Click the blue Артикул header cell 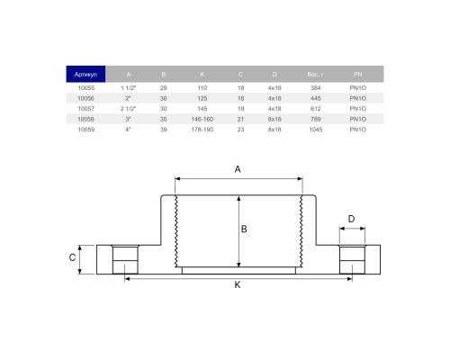(x=85, y=74)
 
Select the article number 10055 (x=86, y=88)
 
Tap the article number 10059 (x=86, y=130)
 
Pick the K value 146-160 (x=202, y=119)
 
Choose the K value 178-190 (x=202, y=130)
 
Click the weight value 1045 (x=316, y=130)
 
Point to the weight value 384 (x=316, y=88)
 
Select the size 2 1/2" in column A (x=129, y=109)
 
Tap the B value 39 (x=163, y=130)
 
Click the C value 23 (x=240, y=130)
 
